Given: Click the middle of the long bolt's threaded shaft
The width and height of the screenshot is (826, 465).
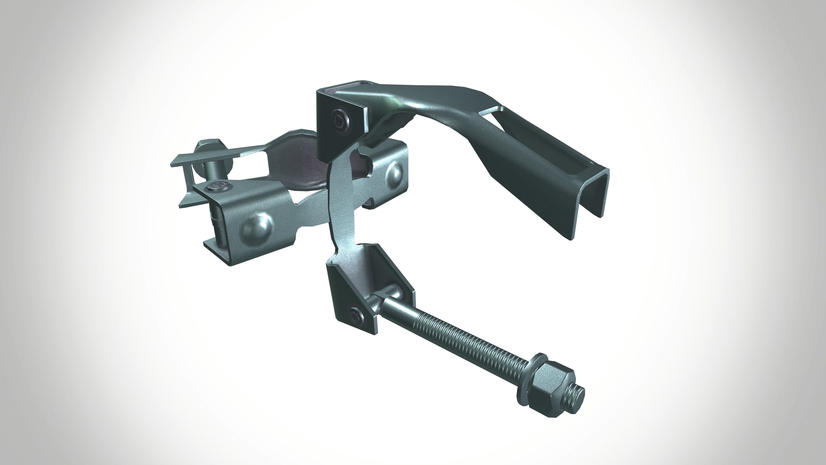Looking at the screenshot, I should click(455, 340).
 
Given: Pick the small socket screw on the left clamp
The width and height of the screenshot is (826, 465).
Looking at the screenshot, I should click(218, 186).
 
